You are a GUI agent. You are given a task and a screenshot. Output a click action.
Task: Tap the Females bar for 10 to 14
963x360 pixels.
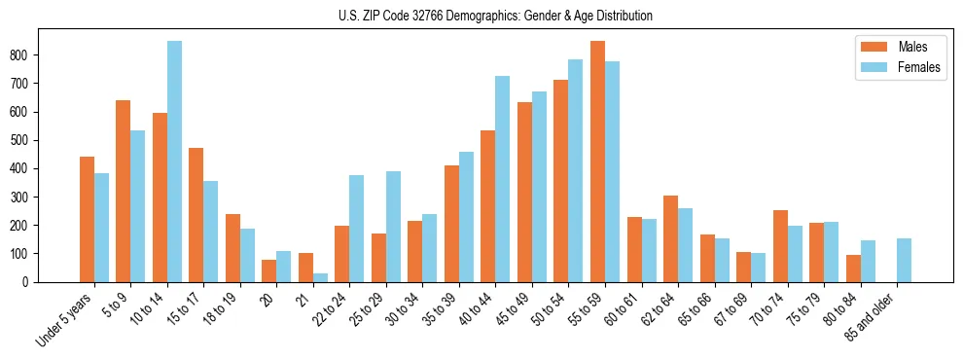point(174,162)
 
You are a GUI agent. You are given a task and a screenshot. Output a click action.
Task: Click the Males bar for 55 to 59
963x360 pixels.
point(597,162)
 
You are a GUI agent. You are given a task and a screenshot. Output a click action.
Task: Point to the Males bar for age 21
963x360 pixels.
point(305,268)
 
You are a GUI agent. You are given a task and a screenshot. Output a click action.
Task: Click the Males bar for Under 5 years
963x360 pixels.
point(87,219)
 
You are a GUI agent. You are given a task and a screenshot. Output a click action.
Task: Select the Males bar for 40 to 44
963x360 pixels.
point(524,206)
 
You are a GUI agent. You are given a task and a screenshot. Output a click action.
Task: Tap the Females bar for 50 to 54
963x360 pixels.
point(576,170)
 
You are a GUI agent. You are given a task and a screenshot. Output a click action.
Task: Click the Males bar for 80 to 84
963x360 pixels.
point(853,269)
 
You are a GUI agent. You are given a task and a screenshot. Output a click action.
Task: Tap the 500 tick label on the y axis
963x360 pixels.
point(26,140)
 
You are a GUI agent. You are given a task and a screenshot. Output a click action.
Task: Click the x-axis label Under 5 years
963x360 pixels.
point(66,320)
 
